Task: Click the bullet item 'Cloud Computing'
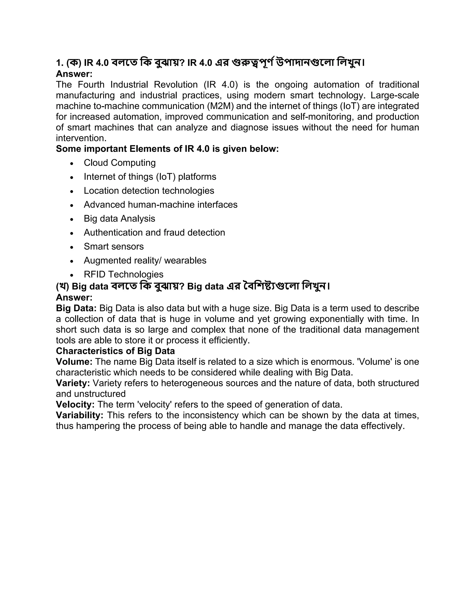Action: tap(120, 163)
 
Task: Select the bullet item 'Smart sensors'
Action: tap(114, 247)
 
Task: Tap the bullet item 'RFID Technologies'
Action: tap(124, 274)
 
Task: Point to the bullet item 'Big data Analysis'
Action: tap(119, 219)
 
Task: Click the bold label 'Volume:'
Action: tap(74, 362)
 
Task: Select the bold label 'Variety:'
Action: tap(73, 383)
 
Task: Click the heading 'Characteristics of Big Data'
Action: tap(115, 351)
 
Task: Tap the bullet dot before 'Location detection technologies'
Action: tap(72, 191)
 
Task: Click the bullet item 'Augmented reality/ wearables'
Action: tap(145, 261)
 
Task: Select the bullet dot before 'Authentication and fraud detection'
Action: tap(72, 233)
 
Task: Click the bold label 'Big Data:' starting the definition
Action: tap(76, 308)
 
